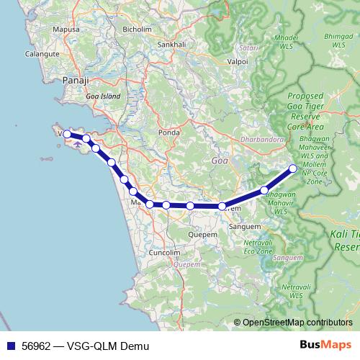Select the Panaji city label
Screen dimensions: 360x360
click(x=75, y=81)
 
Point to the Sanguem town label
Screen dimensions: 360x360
click(x=239, y=225)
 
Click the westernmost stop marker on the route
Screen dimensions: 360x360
click(x=67, y=133)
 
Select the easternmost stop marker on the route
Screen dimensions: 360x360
click(x=293, y=168)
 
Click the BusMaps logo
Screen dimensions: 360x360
click(x=325, y=346)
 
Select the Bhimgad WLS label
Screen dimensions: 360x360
click(x=338, y=40)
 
